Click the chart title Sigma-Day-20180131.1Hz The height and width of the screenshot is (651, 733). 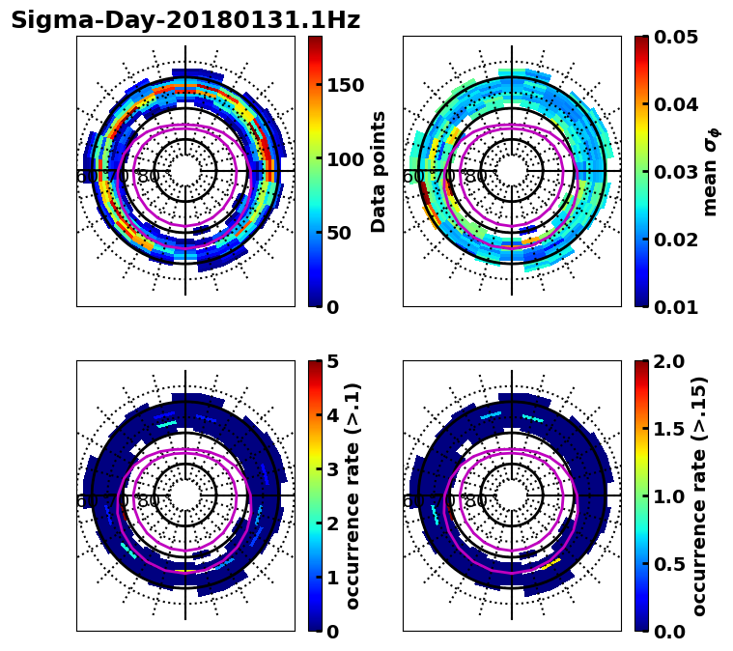point(185,20)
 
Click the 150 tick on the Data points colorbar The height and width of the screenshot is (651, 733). point(346,85)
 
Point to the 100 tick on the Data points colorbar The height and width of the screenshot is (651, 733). point(346,159)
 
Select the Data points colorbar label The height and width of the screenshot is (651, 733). point(379,171)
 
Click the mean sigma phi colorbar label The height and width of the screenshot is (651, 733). point(711,171)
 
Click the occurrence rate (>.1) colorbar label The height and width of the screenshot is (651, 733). point(353,495)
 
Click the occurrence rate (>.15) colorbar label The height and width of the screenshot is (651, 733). point(699,495)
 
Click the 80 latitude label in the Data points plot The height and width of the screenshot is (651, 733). point(149,177)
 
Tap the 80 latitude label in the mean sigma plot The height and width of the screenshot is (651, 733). point(475,177)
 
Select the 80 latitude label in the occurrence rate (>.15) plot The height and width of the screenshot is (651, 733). point(475,501)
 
